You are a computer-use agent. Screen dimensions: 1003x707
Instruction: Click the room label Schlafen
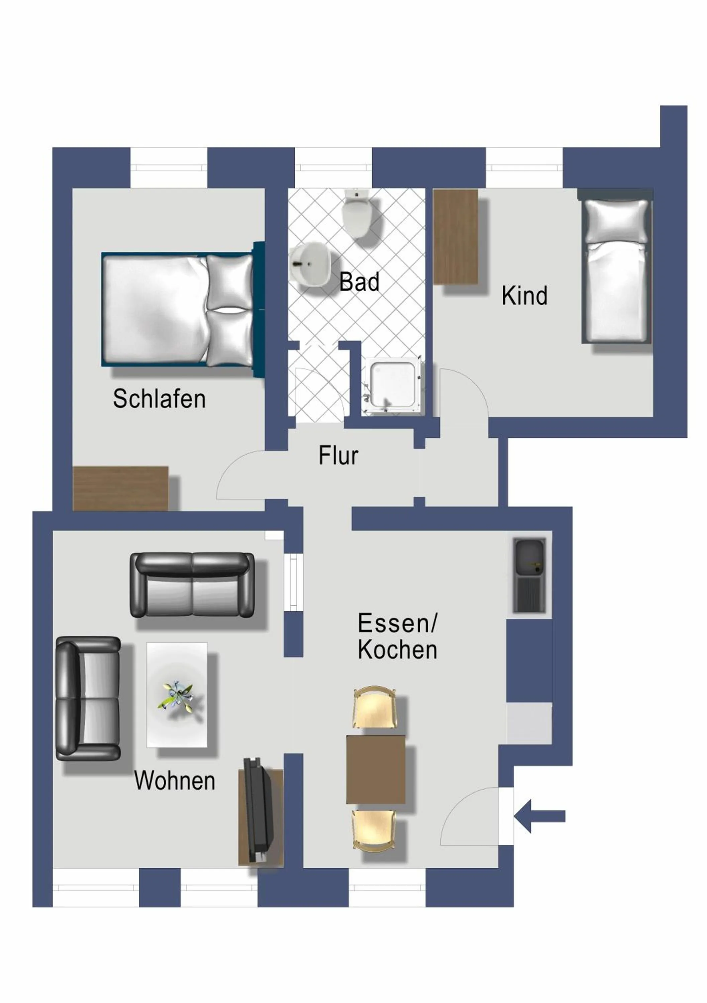pos(159,399)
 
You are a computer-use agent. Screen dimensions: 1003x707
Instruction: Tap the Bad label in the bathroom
pos(359,282)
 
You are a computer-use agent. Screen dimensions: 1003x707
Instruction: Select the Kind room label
pos(524,296)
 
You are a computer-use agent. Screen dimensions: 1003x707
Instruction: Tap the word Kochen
pos(397,650)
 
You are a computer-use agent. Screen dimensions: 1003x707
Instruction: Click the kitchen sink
pos(529,575)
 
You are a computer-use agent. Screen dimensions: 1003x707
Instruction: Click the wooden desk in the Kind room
pos(455,236)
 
